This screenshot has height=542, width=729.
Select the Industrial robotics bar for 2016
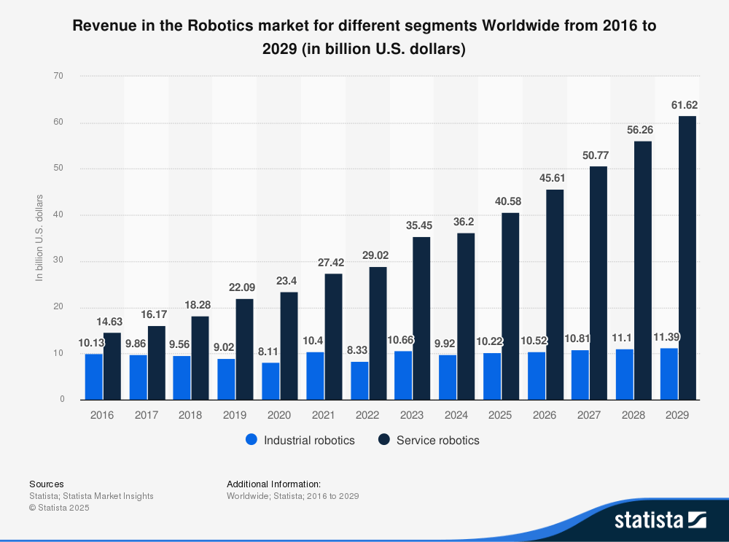point(94,376)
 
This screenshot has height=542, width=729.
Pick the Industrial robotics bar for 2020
point(270,381)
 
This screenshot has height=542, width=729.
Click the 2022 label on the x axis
point(368,414)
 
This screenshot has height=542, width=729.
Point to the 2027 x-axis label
point(589,414)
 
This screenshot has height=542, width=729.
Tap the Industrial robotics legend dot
point(252,440)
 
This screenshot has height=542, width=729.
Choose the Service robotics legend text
point(437,441)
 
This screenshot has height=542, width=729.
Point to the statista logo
point(660,519)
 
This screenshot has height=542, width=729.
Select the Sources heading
point(47,484)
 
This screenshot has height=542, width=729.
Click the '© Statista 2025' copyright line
point(59,508)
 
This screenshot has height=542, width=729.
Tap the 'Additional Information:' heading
point(273,484)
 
